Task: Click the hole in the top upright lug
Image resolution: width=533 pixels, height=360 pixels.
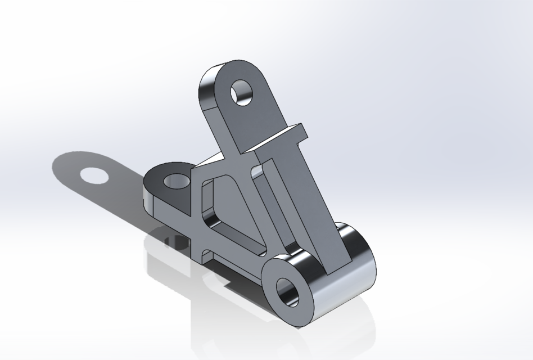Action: tap(243, 92)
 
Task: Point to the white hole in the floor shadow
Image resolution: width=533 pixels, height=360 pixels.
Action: tap(94, 175)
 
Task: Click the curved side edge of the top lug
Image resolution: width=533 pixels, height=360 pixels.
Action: tap(207, 93)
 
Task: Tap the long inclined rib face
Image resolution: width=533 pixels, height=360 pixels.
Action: tap(315, 208)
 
